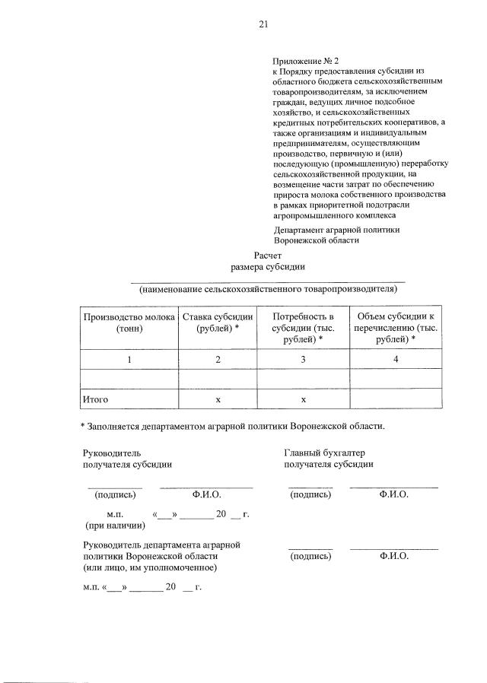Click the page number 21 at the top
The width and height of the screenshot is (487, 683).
[263, 24]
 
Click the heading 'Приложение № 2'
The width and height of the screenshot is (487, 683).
[305, 61]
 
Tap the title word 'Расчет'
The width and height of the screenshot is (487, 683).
[268, 256]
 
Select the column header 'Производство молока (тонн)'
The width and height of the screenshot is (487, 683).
[129, 322]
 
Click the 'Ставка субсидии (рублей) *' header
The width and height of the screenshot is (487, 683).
[218, 322]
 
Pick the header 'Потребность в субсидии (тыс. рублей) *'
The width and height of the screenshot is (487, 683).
[303, 327]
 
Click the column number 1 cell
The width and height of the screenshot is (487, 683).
[129, 360]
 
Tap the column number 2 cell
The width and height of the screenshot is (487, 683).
[218, 360]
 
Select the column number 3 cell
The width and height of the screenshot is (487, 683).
[303, 360]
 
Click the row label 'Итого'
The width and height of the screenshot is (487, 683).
[96, 399]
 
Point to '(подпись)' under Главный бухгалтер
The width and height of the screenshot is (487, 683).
[310, 494]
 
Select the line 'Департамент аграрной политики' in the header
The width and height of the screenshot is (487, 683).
[336, 229]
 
